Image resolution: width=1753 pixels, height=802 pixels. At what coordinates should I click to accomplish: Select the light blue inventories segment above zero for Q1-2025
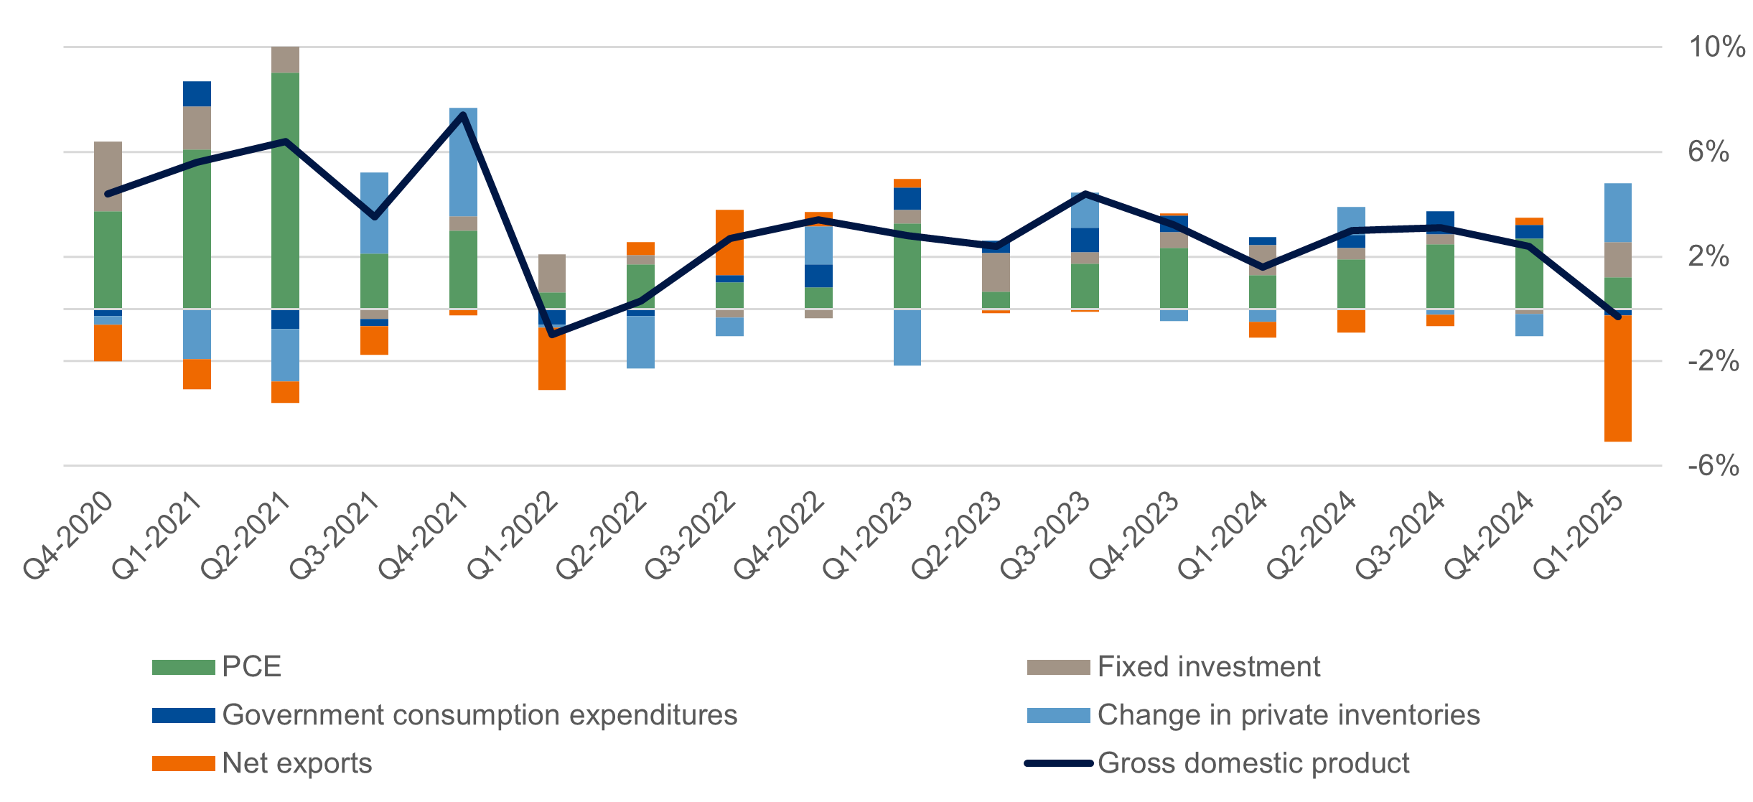pos(1617,213)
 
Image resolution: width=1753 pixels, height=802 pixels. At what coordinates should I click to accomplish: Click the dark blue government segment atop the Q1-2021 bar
pos(197,93)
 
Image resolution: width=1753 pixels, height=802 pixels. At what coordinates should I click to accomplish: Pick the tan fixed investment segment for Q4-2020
pos(108,176)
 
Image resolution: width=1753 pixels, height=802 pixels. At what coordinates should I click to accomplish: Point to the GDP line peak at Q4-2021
pos(463,114)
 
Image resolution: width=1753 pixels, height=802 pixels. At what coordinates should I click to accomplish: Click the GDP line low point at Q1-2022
pos(552,335)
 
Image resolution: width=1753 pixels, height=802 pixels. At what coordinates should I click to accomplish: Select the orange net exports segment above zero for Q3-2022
pos(729,242)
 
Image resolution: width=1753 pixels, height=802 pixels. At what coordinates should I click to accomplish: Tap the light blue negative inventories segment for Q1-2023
pos(907,337)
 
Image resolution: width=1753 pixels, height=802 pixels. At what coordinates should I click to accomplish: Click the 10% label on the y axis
pos(1716,47)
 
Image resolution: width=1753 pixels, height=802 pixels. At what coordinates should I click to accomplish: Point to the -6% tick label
pos(1713,466)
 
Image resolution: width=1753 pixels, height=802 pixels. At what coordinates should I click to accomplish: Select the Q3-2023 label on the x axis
pos(1045,536)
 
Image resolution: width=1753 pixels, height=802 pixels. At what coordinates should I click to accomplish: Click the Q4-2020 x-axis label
pos(69,536)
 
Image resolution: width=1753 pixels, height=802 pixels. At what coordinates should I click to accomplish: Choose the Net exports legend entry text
pos(296,763)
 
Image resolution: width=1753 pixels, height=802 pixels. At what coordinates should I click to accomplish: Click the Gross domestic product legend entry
pos(1253,763)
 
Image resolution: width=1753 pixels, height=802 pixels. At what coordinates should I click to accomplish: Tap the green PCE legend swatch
pos(183,667)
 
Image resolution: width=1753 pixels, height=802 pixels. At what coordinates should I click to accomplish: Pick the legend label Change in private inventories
pos(1288,715)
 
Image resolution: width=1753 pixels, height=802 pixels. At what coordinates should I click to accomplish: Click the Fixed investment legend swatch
pos(1057,667)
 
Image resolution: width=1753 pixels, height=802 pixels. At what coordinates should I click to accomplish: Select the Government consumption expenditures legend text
pos(480,715)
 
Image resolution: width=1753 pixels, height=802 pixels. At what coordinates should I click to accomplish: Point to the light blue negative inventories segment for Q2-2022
pos(640,342)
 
